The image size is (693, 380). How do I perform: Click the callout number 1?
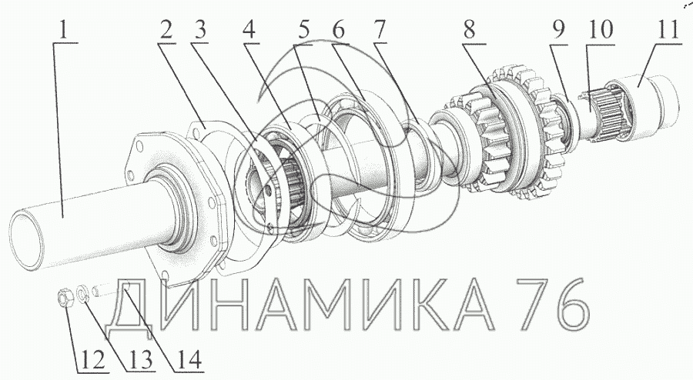64,30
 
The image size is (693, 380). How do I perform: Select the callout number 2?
166,31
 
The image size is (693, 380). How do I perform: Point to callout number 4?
249,31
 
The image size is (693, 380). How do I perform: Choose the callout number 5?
303,31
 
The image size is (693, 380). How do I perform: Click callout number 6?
338,31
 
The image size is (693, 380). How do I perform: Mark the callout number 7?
378,31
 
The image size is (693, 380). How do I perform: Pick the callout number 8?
470,31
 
